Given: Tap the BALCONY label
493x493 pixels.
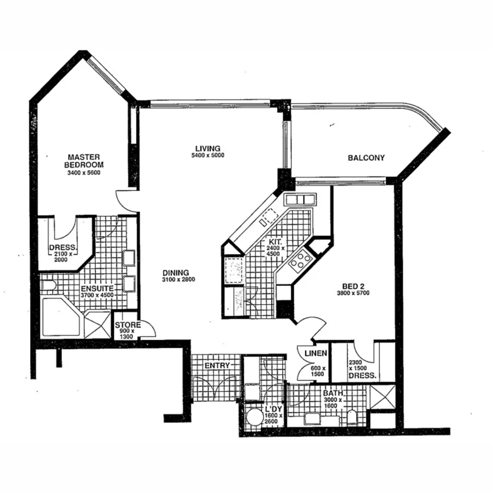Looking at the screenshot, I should click(x=366, y=158).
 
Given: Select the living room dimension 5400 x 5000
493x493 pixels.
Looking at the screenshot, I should click(x=208, y=156).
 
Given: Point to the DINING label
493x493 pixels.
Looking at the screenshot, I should click(x=175, y=272).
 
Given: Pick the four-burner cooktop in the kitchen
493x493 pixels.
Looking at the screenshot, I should click(x=301, y=260).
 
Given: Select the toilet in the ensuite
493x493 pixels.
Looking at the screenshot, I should click(x=48, y=285).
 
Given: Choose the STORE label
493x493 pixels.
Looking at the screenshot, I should click(x=128, y=325).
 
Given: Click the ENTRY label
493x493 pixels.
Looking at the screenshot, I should click(x=216, y=365).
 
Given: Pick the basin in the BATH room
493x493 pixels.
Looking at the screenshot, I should click(x=312, y=419).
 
